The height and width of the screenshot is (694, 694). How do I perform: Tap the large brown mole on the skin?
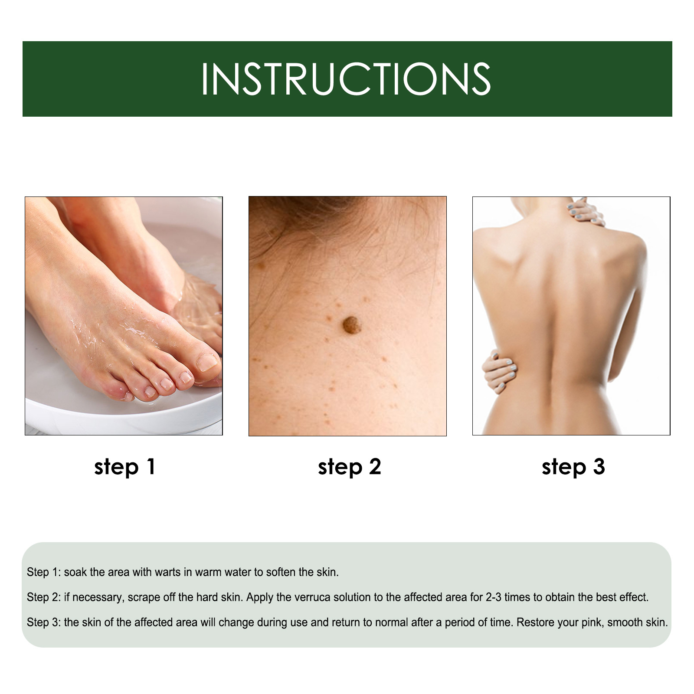[352, 325]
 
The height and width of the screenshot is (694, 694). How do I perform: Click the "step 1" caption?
[124, 467]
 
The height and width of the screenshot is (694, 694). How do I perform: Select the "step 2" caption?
[349, 467]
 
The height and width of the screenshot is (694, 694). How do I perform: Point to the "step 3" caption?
[573, 467]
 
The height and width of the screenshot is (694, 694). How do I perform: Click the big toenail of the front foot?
[207, 361]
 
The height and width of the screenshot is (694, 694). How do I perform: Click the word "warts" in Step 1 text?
[167, 572]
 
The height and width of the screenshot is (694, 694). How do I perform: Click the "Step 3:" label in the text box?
[44, 622]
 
